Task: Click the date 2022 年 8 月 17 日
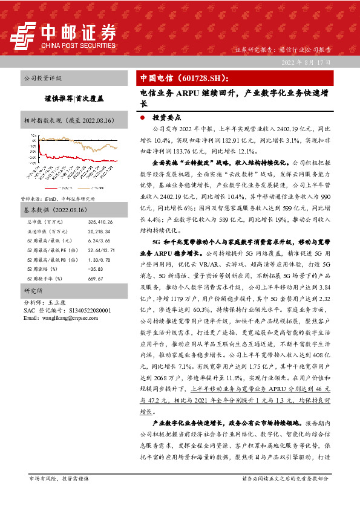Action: click(x=307, y=63)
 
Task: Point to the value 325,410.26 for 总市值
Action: click(x=100, y=239)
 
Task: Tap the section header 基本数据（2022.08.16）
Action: click(x=51, y=227)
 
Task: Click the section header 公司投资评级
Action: click(x=42, y=79)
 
